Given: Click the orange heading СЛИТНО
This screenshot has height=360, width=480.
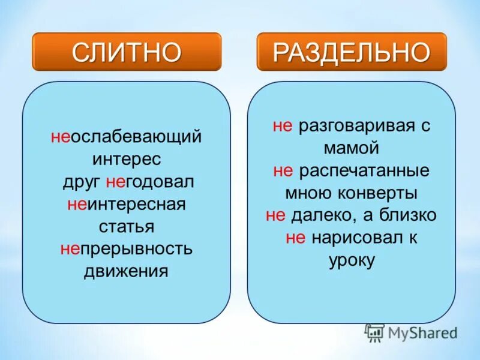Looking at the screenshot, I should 127,53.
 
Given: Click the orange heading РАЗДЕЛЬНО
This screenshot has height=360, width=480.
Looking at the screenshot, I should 352,53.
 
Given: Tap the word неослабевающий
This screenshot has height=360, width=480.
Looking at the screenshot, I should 126,137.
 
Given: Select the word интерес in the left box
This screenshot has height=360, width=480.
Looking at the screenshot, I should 127,160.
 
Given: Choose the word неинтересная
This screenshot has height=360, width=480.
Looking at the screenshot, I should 127,204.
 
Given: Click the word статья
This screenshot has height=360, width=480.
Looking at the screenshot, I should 127,227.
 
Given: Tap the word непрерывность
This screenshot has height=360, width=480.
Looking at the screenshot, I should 127,248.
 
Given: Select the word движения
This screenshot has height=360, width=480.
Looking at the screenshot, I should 126,271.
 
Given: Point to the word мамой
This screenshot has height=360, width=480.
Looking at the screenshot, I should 352,148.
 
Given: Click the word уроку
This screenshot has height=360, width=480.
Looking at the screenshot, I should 352,260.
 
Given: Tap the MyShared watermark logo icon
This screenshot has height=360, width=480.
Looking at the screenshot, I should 374,333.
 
